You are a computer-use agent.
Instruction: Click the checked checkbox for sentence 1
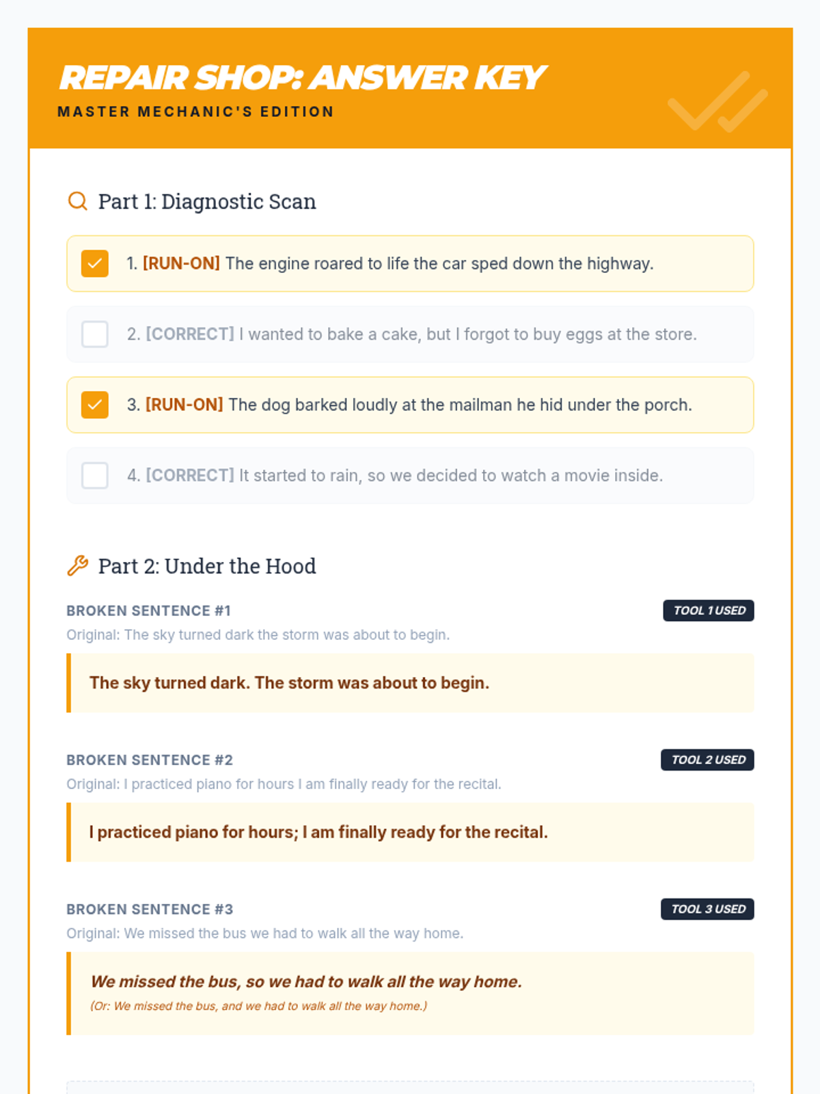pyautogui.click(x=94, y=263)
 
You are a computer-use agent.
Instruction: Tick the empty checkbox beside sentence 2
pyautogui.click(x=94, y=334)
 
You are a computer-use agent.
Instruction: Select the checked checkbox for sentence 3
pyautogui.click(x=94, y=405)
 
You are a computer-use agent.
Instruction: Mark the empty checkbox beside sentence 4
pyautogui.click(x=94, y=475)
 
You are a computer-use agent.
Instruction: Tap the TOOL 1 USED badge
pyautogui.click(x=708, y=611)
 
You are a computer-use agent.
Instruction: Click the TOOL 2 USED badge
pyautogui.click(x=707, y=760)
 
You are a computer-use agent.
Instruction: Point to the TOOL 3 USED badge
pyautogui.click(x=707, y=909)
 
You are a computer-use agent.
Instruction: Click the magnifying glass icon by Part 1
pyautogui.click(x=78, y=201)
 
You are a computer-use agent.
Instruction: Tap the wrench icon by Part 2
pyautogui.click(x=78, y=565)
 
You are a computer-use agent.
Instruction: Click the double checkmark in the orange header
pyautogui.click(x=717, y=102)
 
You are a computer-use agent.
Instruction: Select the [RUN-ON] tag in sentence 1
pyautogui.click(x=181, y=263)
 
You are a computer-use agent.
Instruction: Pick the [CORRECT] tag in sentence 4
pyautogui.click(x=190, y=475)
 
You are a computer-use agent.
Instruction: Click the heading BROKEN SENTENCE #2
pyautogui.click(x=150, y=760)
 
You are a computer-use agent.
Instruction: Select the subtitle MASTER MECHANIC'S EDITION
pyautogui.click(x=195, y=111)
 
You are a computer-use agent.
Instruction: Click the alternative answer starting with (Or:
pyautogui.click(x=258, y=1006)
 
